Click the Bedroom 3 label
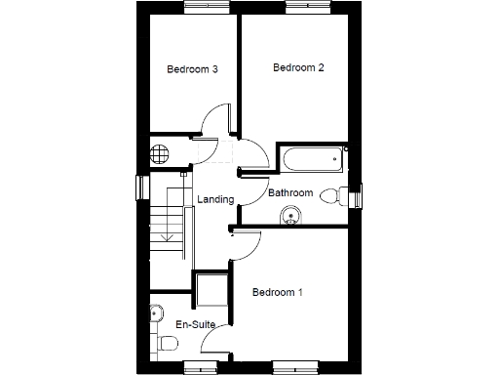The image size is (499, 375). click(191, 69)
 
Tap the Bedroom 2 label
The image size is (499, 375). click(297, 67)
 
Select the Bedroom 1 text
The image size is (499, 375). click(278, 292)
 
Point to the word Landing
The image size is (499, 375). click(215, 199)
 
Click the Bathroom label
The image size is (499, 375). click(290, 192)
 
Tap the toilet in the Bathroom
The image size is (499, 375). click(331, 195)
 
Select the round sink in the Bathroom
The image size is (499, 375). click(289, 217)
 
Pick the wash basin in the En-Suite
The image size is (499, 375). click(156, 314)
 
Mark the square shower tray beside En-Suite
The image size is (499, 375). click(211, 291)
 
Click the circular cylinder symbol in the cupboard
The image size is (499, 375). click(161, 154)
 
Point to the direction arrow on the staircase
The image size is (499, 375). click(167, 234)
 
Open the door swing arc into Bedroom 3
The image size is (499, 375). click(212, 122)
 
